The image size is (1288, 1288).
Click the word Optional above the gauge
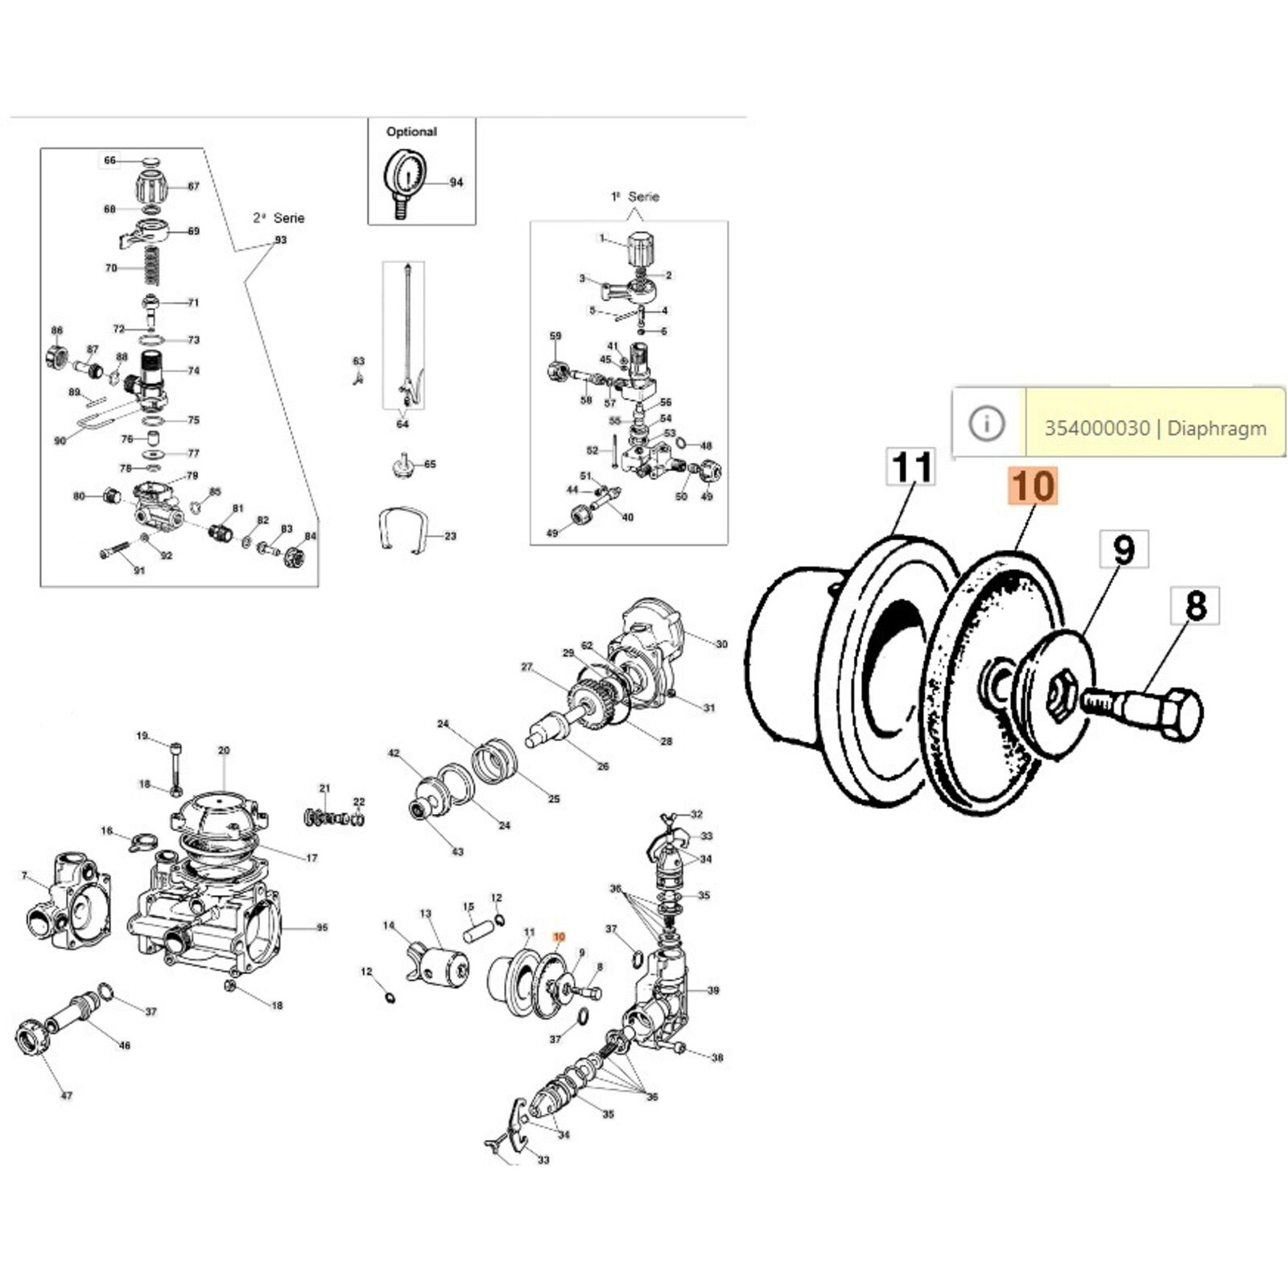pos(411,131)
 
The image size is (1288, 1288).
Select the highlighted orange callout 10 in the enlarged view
pos(1033,487)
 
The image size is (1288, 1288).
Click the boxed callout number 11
pos(912,467)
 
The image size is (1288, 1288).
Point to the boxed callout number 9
pos(1124,550)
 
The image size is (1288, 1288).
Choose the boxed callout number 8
pos(1196,605)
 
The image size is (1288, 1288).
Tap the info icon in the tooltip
pos(987,423)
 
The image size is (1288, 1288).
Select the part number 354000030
pos(1096,428)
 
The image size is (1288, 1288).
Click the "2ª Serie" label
pos(279,218)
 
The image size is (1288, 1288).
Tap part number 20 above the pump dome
pos(224,750)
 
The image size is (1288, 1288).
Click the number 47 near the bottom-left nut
pos(67,1096)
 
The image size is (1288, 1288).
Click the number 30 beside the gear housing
pos(721,644)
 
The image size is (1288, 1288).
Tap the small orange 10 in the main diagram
pos(559,937)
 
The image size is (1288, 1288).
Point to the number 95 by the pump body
pos(322,927)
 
